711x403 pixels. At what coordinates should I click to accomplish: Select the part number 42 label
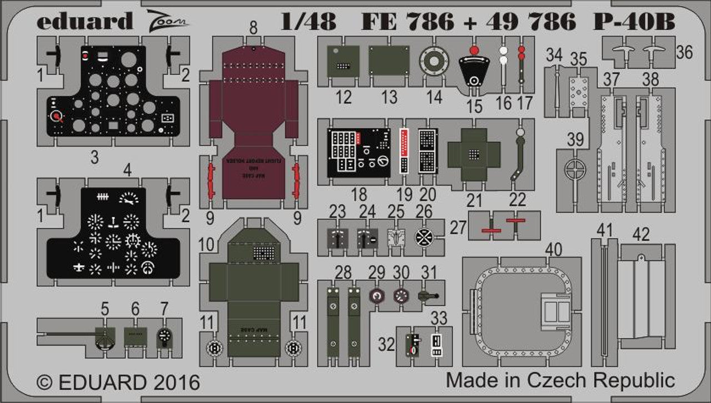click(x=641, y=235)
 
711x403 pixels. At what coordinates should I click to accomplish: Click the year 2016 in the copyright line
click(x=173, y=382)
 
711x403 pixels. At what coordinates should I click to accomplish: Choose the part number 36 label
click(x=685, y=52)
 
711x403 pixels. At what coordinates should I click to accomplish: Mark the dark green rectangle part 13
click(x=389, y=61)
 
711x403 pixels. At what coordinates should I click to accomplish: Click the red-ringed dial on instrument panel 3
click(x=56, y=117)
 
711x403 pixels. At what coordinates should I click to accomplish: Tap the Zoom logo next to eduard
click(x=170, y=21)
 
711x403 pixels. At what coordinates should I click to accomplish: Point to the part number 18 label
click(x=359, y=195)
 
